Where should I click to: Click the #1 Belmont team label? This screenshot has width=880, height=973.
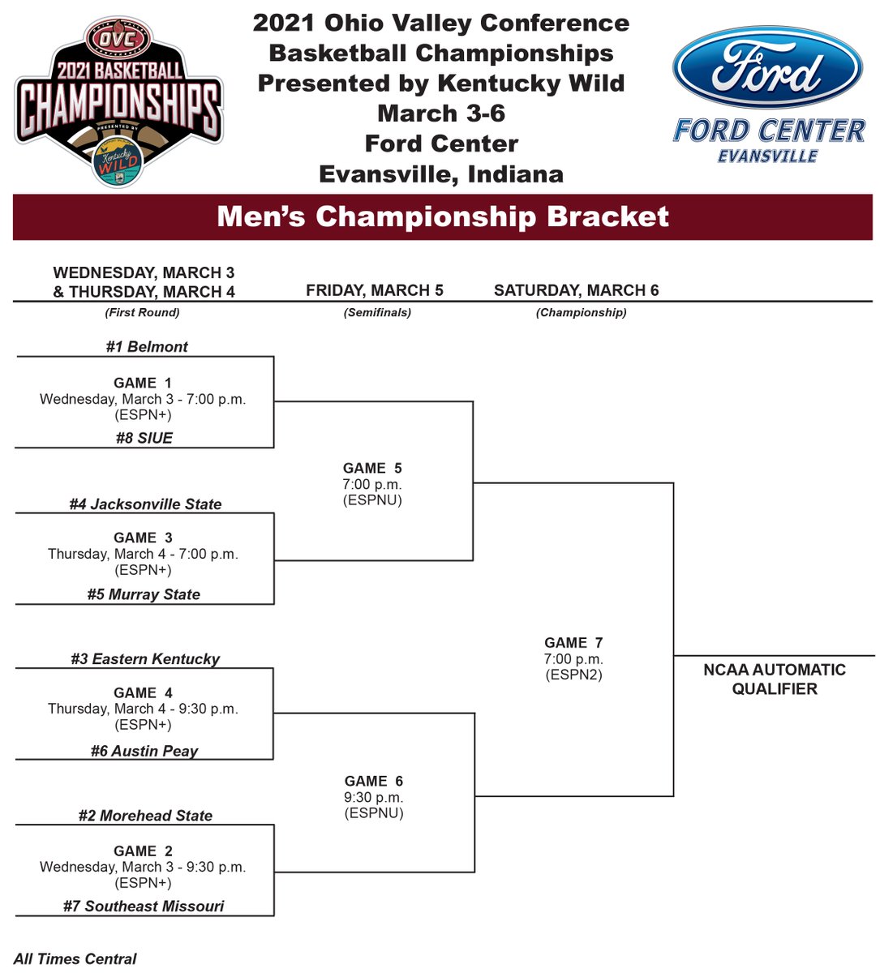tap(147, 347)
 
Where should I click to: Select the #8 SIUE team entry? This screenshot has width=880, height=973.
tap(144, 438)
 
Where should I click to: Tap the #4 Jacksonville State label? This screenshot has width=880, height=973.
tap(145, 504)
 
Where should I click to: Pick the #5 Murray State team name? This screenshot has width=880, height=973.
tap(144, 594)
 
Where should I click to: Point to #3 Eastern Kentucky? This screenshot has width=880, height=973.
tap(145, 659)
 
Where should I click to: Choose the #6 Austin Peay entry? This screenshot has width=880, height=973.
tap(144, 751)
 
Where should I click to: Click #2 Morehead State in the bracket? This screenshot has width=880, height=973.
tap(145, 816)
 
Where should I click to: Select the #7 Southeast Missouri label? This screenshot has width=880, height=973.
tap(144, 907)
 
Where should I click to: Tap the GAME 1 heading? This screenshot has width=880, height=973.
tap(143, 383)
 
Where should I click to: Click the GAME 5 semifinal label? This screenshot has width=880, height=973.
tap(372, 468)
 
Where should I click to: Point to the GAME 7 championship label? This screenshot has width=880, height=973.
tap(573, 643)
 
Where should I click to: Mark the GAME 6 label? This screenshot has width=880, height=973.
tap(373, 781)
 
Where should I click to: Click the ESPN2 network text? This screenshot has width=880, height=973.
tap(573, 675)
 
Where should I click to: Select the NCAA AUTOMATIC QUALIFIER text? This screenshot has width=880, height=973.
tap(775, 679)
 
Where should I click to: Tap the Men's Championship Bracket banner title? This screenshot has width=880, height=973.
tap(443, 217)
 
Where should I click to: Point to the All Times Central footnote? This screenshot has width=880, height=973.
tap(75, 959)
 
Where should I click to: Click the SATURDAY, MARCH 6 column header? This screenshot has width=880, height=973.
tap(576, 290)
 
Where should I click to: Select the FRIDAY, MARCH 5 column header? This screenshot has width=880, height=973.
tap(375, 290)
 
